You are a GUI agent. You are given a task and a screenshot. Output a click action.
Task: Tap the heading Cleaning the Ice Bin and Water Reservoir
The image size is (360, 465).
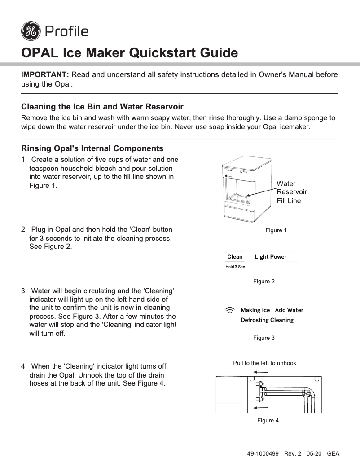pos(102,107)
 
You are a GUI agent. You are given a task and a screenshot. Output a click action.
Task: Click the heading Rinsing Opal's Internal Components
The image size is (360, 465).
pos(92,148)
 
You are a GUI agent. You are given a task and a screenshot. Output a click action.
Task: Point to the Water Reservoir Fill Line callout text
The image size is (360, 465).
pos(291,192)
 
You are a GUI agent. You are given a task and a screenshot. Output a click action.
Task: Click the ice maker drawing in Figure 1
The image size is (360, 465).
pos(247,190)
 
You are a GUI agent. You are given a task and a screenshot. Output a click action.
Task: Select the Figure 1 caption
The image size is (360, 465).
pos(276,230)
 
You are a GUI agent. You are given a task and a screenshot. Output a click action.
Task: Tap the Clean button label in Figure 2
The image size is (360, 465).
pos(235,257)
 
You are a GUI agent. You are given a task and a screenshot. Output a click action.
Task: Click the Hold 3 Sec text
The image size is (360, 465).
pos(235,267)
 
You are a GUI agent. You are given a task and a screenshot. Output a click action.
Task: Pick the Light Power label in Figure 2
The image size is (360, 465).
pos(271,257)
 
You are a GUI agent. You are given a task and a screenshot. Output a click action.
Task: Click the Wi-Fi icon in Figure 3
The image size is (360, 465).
pos(230,310)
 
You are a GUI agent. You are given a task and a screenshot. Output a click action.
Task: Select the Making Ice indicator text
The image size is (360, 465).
pos(255,310)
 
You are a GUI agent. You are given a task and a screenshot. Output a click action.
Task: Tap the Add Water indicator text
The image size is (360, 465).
pos(289,310)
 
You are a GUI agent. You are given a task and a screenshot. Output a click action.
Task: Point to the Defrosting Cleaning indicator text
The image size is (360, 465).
pos(267,320)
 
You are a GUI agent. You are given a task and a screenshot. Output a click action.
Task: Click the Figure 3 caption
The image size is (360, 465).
pos(264,338)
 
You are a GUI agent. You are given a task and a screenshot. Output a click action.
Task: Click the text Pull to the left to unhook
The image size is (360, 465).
pos(264,363)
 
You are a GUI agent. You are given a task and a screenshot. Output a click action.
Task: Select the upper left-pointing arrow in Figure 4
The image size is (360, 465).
pos(261,372)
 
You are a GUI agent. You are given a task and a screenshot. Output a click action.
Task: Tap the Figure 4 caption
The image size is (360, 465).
pos(268,421)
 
